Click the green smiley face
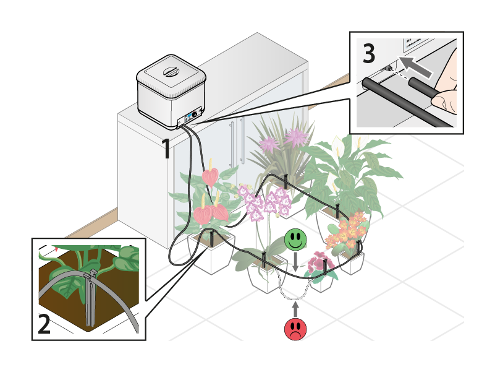(x=296, y=240)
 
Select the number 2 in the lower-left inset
(x=44, y=324)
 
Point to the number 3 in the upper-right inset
(x=369, y=54)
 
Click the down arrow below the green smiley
(x=295, y=261)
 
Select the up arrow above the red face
(x=295, y=308)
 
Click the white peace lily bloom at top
(x=338, y=147)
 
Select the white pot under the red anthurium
(x=211, y=254)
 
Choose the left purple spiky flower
(x=269, y=144)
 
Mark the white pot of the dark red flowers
(x=321, y=283)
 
